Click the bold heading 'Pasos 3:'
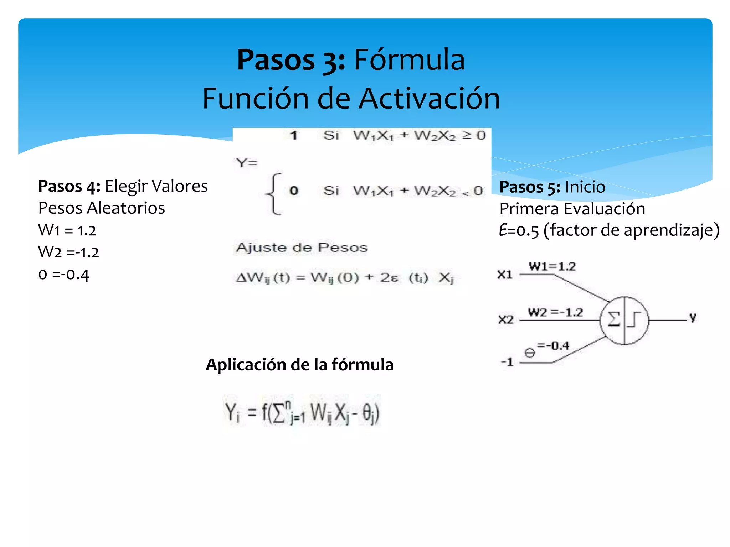(291, 60)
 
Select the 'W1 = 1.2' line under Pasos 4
(67, 230)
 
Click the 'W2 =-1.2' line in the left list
(68, 252)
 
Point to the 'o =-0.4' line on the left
(63, 275)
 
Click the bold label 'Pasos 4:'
(69, 186)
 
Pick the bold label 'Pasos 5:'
(530, 187)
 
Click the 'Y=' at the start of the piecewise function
(246, 163)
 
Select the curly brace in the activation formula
(274, 194)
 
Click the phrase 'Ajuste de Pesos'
(302, 248)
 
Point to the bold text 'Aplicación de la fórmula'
(299, 365)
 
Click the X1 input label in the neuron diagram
(505, 275)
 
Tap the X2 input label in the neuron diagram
(506, 319)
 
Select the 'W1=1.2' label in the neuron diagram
(552, 266)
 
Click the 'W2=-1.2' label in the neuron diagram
(555, 312)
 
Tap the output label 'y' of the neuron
(692, 317)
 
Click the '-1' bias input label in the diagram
(507, 362)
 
